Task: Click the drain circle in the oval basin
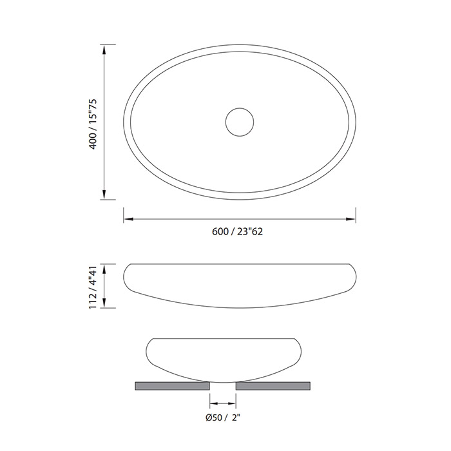[240, 108]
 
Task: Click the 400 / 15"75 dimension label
[93, 124]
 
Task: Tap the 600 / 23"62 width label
[237, 231]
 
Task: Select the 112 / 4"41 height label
[93, 287]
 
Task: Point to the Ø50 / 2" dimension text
[223, 417]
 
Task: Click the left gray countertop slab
[172, 386]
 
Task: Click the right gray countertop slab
[273, 386]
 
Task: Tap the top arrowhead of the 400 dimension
[104, 50]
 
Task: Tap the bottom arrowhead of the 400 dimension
[104, 194]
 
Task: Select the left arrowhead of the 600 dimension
[129, 219]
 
